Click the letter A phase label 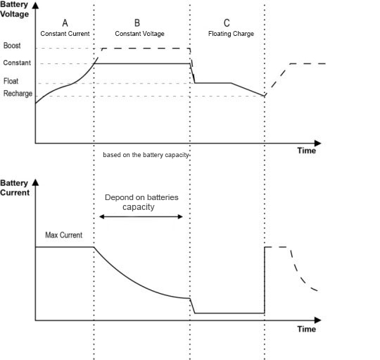[65, 23]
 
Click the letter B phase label [137, 23]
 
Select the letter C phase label [227, 23]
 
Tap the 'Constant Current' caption [65, 34]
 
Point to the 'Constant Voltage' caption [139, 34]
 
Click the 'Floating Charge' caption [231, 34]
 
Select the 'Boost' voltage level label [12, 45]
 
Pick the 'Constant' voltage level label [17, 63]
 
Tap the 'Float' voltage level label [11, 81]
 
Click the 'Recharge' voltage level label [18, 94]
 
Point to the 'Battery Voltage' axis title [14, 9]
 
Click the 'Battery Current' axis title [15, 188]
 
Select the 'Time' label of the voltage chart [307, 151]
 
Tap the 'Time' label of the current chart [307, 329]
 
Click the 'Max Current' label [64, 235]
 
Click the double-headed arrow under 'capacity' [141, 216]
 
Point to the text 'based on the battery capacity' [146, 155]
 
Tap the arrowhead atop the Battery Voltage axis [35, 6]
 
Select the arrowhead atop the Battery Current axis [35, 182]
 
